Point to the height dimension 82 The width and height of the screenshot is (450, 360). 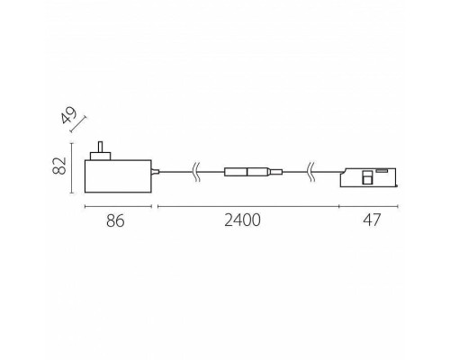[x=59, y=166]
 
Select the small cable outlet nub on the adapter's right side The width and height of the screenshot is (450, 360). [x=156, y=171]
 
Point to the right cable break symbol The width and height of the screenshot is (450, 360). [x=310, y=171]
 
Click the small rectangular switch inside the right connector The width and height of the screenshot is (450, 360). [x=366, y=178]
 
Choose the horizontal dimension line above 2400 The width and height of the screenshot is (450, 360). [x=247, y=206]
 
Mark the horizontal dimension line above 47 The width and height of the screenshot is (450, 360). [x=368, y=206]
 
